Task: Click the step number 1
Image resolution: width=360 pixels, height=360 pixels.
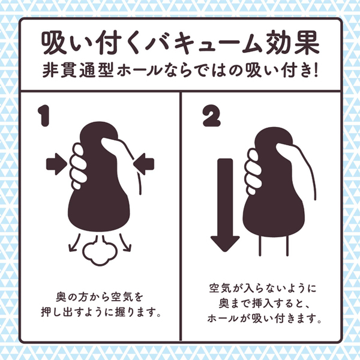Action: tap(44, 116)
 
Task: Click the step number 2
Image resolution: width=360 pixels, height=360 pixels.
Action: tap(211, 116)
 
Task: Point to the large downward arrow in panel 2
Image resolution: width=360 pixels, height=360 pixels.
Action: tap(225, 205)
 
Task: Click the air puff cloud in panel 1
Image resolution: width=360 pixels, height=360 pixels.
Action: tap(100, 251)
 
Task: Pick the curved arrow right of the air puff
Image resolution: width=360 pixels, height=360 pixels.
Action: tap(126, 242)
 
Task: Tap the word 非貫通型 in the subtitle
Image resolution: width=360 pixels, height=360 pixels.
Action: tap(78, 70)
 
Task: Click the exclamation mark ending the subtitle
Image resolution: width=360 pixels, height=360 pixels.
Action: tap(315, 70)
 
